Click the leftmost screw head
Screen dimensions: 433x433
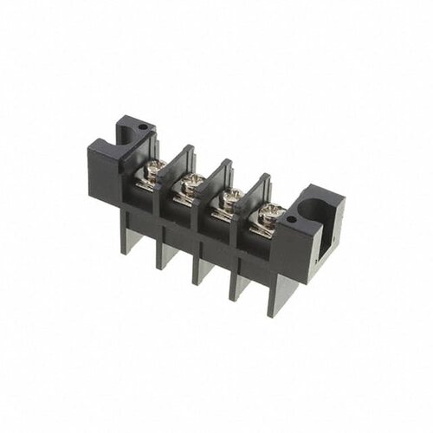pos(160,163)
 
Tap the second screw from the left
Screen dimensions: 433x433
pos(196,180)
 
